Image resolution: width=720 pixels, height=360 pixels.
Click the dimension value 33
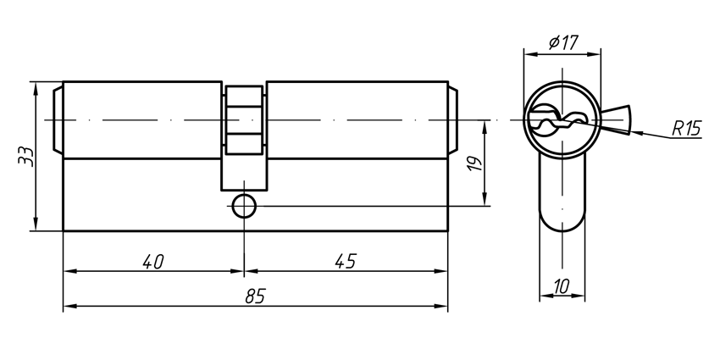tap(25, 157)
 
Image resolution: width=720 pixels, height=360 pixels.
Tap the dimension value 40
tap(152, 262)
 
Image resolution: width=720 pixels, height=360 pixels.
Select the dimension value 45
tap(345, 262)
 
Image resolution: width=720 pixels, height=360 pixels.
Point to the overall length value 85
tap(255, 296)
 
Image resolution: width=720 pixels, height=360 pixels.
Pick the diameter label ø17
tap(563, 42)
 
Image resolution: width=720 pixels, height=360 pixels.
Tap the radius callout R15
tap(687, 129)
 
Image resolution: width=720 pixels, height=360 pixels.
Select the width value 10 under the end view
tap(561, 286)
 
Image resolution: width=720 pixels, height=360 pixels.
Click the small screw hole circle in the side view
tap(244, 205)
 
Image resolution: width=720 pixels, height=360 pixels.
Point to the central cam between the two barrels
tap(244, 136)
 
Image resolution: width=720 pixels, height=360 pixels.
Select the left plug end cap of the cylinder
tap(58, 119)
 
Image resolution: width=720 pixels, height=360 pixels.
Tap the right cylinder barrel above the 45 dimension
tap(356, 119)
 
